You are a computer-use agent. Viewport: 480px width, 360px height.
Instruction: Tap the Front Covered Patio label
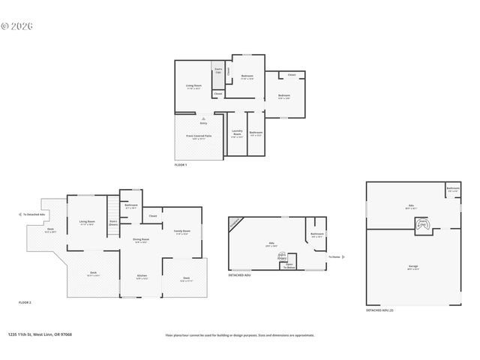tap(199, 137)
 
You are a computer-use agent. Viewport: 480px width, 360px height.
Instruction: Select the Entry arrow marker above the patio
tap(202, 119)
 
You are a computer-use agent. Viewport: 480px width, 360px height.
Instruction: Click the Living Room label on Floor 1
tap(193, 86)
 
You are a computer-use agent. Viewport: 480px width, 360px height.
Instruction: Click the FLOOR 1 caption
tap(180, 164)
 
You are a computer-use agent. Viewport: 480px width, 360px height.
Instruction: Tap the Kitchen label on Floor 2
tap(142, 277)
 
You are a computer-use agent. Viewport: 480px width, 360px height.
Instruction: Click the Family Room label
tap(182, 231)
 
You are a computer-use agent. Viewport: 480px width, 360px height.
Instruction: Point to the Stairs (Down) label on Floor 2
tap(113, 222)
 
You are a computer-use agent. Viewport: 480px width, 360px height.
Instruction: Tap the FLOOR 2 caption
tap(25, 302)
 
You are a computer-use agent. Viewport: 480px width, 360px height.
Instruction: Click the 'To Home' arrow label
tap(335, 257)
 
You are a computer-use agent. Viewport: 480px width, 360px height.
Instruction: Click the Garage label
tap(412, 266)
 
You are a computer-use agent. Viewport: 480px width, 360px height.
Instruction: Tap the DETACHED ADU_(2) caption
tap(382, 310)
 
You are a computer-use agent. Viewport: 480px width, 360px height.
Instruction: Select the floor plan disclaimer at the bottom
tap(240, 335)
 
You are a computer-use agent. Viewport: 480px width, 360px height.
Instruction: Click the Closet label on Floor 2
tap(152, 216)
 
